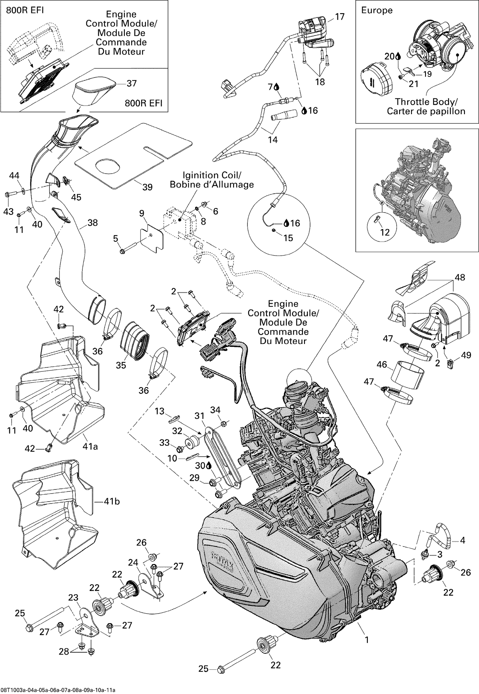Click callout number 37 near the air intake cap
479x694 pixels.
tap(132, 83)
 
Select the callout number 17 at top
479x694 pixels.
tap(340, 17)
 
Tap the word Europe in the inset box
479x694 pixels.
tap(376, 10)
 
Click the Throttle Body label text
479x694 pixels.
tap(426, 102)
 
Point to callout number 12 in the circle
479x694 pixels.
tap(385, 232)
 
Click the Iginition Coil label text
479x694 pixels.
tap(212, 175)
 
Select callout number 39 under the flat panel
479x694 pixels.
tap(147, 187)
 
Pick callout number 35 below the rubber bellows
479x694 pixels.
tap(121, 365)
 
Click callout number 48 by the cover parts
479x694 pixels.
tap(460, 277)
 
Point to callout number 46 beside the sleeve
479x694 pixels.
tap(382, 364)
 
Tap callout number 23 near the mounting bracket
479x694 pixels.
tap(73, 597)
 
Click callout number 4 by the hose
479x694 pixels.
tap(462, 540)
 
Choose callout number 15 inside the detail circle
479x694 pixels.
tap(288, 238)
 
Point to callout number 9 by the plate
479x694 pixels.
tap(142, 213)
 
